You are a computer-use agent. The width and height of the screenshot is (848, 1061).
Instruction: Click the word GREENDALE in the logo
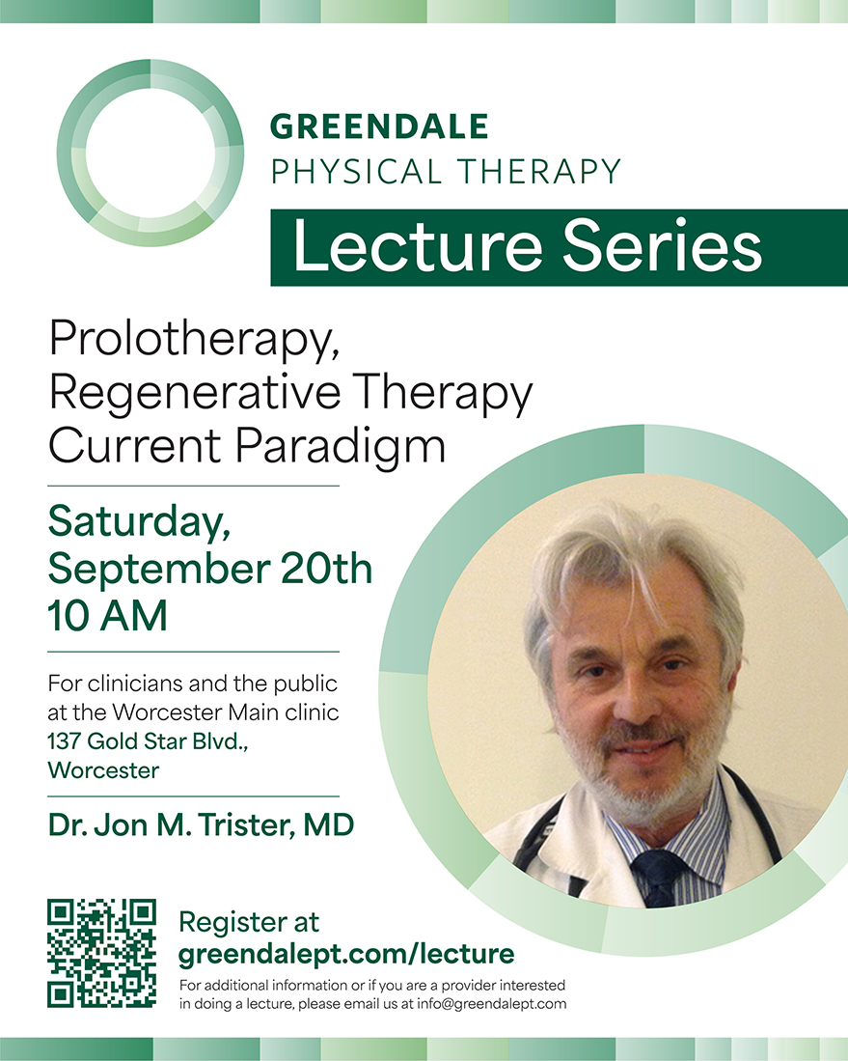[379, 126]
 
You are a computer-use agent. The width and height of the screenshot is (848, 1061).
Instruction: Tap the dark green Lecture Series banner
[560, 248]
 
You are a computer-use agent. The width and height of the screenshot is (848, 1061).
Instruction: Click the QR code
[101, 953]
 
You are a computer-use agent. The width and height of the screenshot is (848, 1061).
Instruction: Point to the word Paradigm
[341, 447]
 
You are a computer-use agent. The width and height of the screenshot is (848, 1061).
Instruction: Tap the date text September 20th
[209, 569]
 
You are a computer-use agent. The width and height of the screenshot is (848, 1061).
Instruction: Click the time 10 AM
[107, 616]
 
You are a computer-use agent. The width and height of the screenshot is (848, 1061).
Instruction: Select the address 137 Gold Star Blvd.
[149, 741]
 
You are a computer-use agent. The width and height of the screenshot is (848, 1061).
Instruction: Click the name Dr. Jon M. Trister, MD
[201, 825]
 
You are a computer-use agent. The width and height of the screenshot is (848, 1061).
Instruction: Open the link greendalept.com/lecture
[346, 954]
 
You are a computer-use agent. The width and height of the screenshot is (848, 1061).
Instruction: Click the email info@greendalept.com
[492, 1004]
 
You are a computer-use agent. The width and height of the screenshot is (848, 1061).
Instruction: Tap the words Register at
[248, 922]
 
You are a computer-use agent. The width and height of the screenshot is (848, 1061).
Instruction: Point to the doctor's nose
[636, 697]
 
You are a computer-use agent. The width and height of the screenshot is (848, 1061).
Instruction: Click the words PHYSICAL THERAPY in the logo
[446, 172]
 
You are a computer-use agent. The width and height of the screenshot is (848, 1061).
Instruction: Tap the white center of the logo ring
[150, 153]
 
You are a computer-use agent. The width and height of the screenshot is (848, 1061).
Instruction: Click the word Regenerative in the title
[195, 393]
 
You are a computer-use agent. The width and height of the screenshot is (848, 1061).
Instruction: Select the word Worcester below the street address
[103, 770]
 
